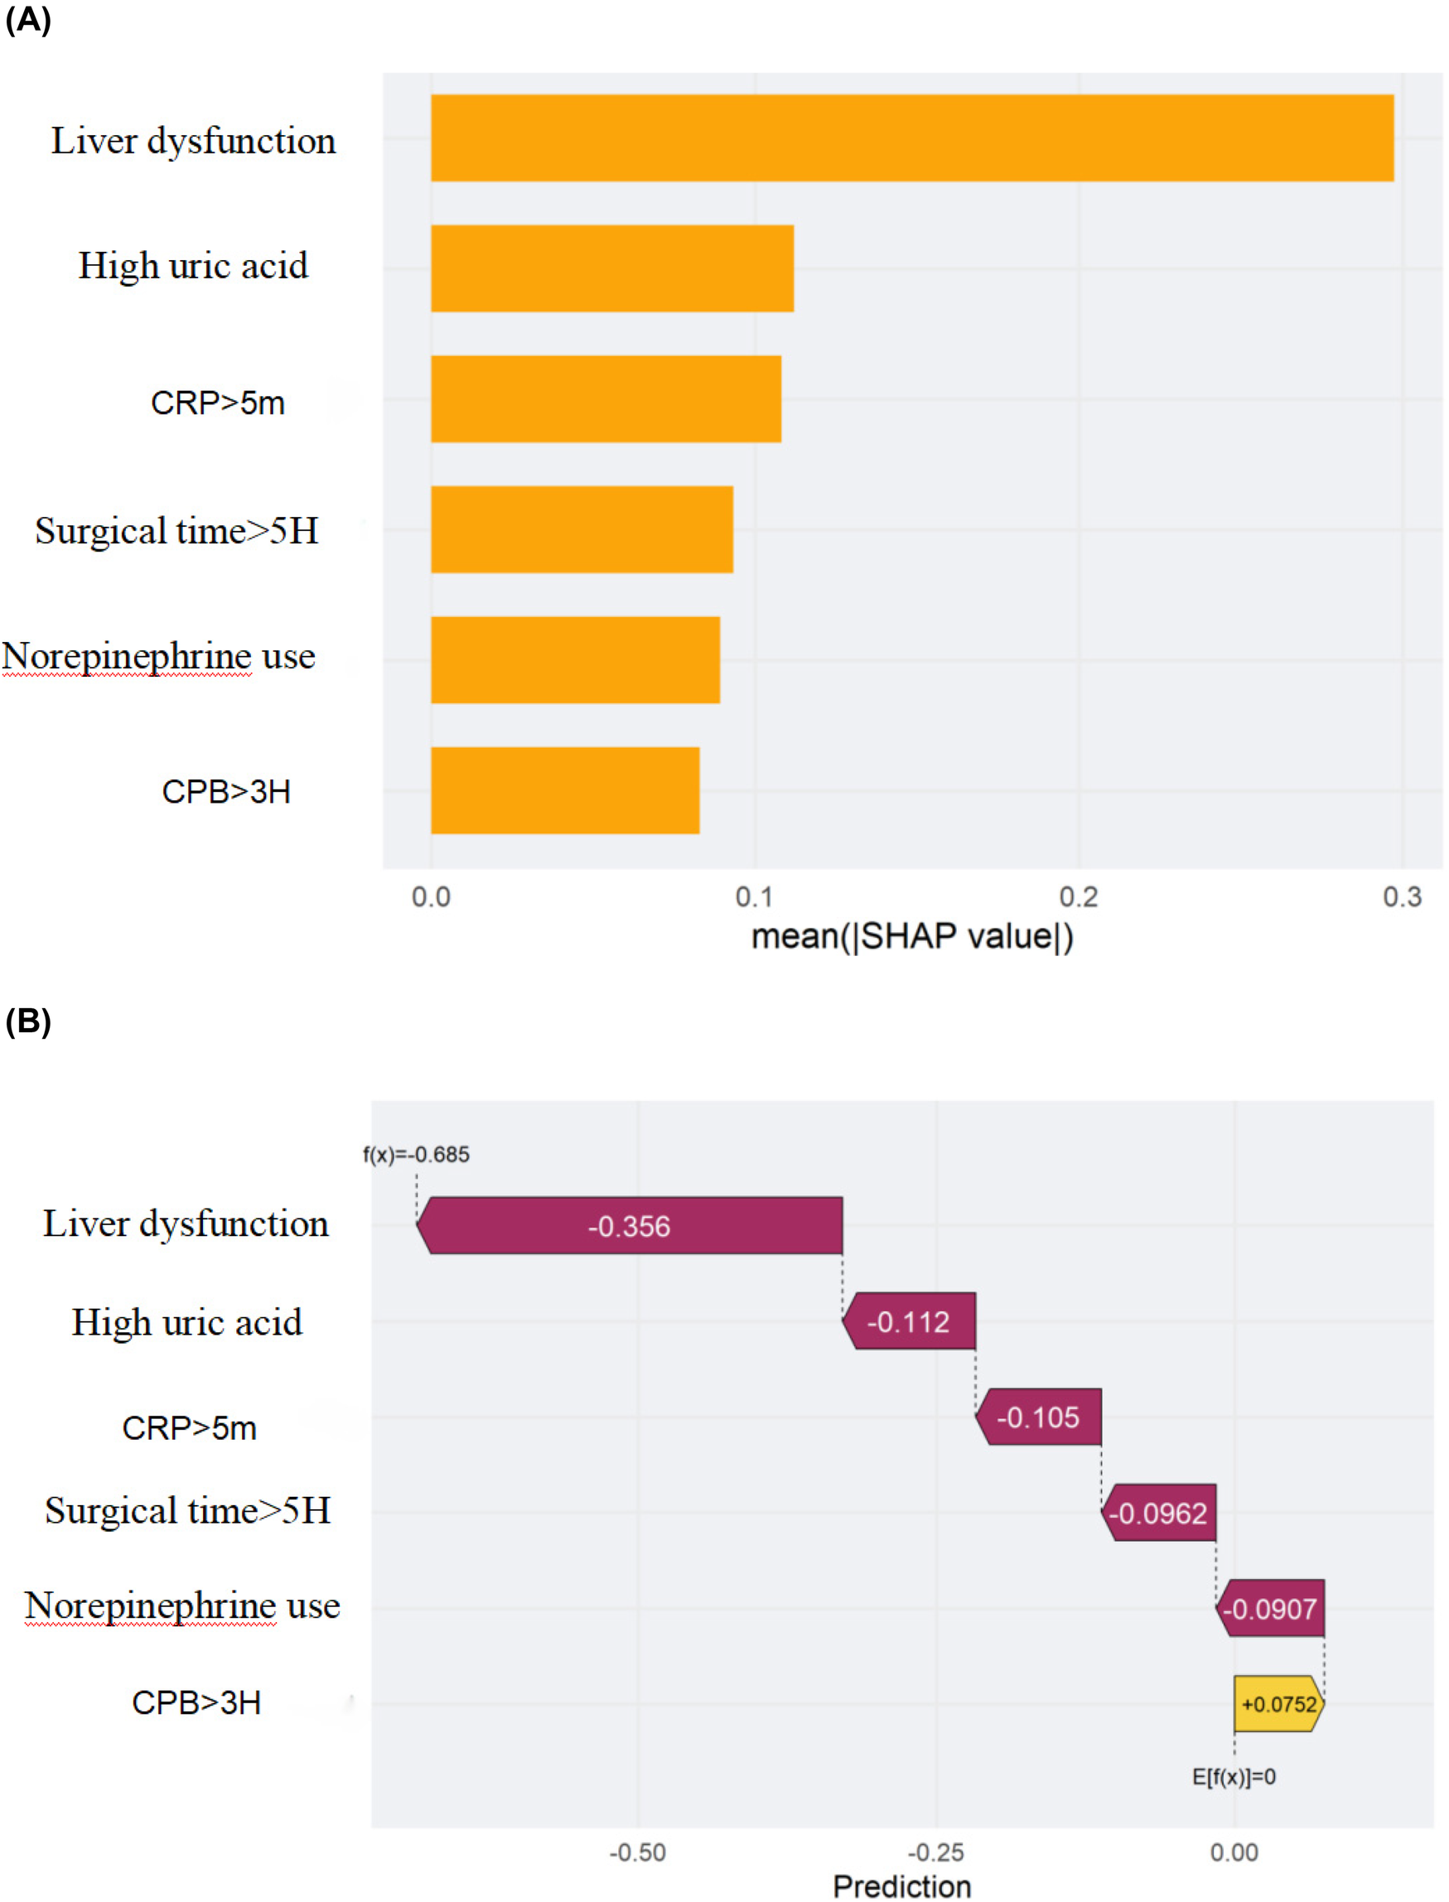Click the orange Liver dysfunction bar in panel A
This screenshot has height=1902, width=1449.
click(911, 138)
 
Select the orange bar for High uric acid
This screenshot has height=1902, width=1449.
click(611, 268)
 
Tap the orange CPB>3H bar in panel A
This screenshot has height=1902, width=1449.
click(565, 789)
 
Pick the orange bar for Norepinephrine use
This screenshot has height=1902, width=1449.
click(575, 659)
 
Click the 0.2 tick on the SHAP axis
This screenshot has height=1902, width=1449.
click(1078, 896)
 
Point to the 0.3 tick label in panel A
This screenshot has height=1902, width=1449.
click(1402, 896)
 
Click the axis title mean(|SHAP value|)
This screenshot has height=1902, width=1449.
click(911, 936)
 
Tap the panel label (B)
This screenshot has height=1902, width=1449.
click(27, 1021)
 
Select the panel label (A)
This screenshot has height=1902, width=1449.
click(27, 19)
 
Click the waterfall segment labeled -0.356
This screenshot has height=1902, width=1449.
click(629, 1225)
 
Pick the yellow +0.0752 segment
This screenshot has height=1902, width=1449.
click(1278, 1704)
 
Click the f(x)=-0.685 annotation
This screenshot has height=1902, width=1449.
click(416, 1154)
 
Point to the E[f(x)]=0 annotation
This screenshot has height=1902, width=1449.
click(1234, 1776)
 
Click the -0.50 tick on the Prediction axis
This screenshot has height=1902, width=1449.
click(637, 1852)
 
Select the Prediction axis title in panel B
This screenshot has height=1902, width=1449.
click(901, 1886)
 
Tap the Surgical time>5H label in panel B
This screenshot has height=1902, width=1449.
click(187, 1509)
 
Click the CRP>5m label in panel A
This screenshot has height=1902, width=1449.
click(217, 403)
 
